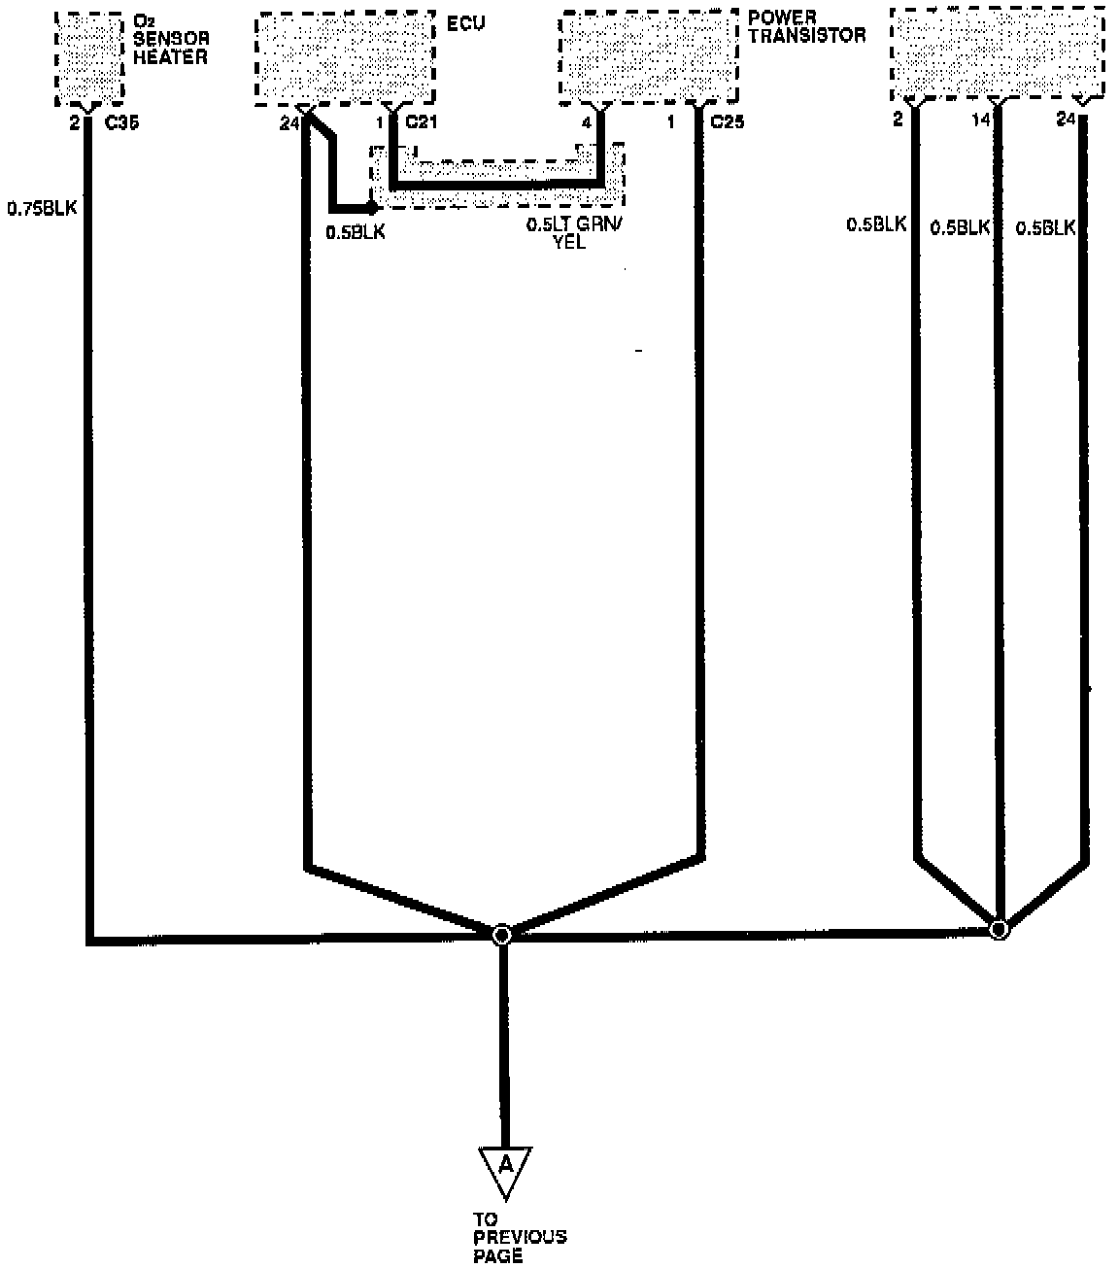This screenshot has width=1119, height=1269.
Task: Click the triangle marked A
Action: [505, 1169]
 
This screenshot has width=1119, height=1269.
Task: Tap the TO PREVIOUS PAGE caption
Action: [520, 1238]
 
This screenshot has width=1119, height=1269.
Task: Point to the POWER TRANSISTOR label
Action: [805, 26]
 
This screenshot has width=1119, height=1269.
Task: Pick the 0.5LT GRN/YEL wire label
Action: [571, 233]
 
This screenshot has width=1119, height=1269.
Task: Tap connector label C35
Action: [121, 123]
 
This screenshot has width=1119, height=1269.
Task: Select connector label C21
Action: [422, 122]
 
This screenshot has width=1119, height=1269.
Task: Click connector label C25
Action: [728, 122]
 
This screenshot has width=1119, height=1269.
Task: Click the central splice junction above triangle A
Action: [501, 935]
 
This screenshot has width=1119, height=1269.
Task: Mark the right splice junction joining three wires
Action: [999, 929]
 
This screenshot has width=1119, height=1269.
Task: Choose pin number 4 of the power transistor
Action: [586, 122]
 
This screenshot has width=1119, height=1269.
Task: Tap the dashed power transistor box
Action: [648, 56]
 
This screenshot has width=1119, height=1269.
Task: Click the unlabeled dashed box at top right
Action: [997, 53]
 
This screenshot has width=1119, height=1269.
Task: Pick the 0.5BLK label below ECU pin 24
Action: [355, 232]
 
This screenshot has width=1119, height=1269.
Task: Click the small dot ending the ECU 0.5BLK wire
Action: [372, 208]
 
